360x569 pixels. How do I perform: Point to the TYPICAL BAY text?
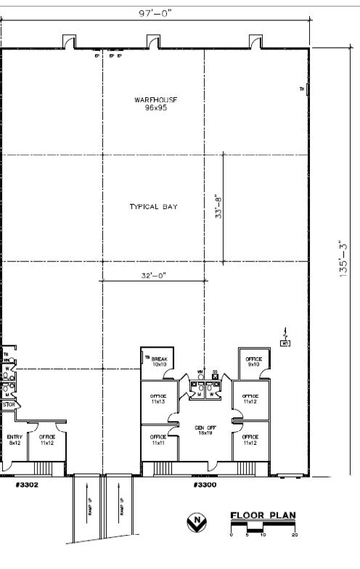coord(153,207)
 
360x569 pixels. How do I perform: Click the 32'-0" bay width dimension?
coord(153,275)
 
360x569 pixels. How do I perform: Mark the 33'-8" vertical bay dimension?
coord(217,207)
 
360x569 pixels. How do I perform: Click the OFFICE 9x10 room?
coord(253,361)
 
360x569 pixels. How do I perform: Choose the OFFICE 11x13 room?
coord(157,398)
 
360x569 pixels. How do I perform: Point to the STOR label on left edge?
coord(8,405)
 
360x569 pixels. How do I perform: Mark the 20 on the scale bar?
coord(294,535)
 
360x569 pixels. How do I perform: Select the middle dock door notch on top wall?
coord(153,42)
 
